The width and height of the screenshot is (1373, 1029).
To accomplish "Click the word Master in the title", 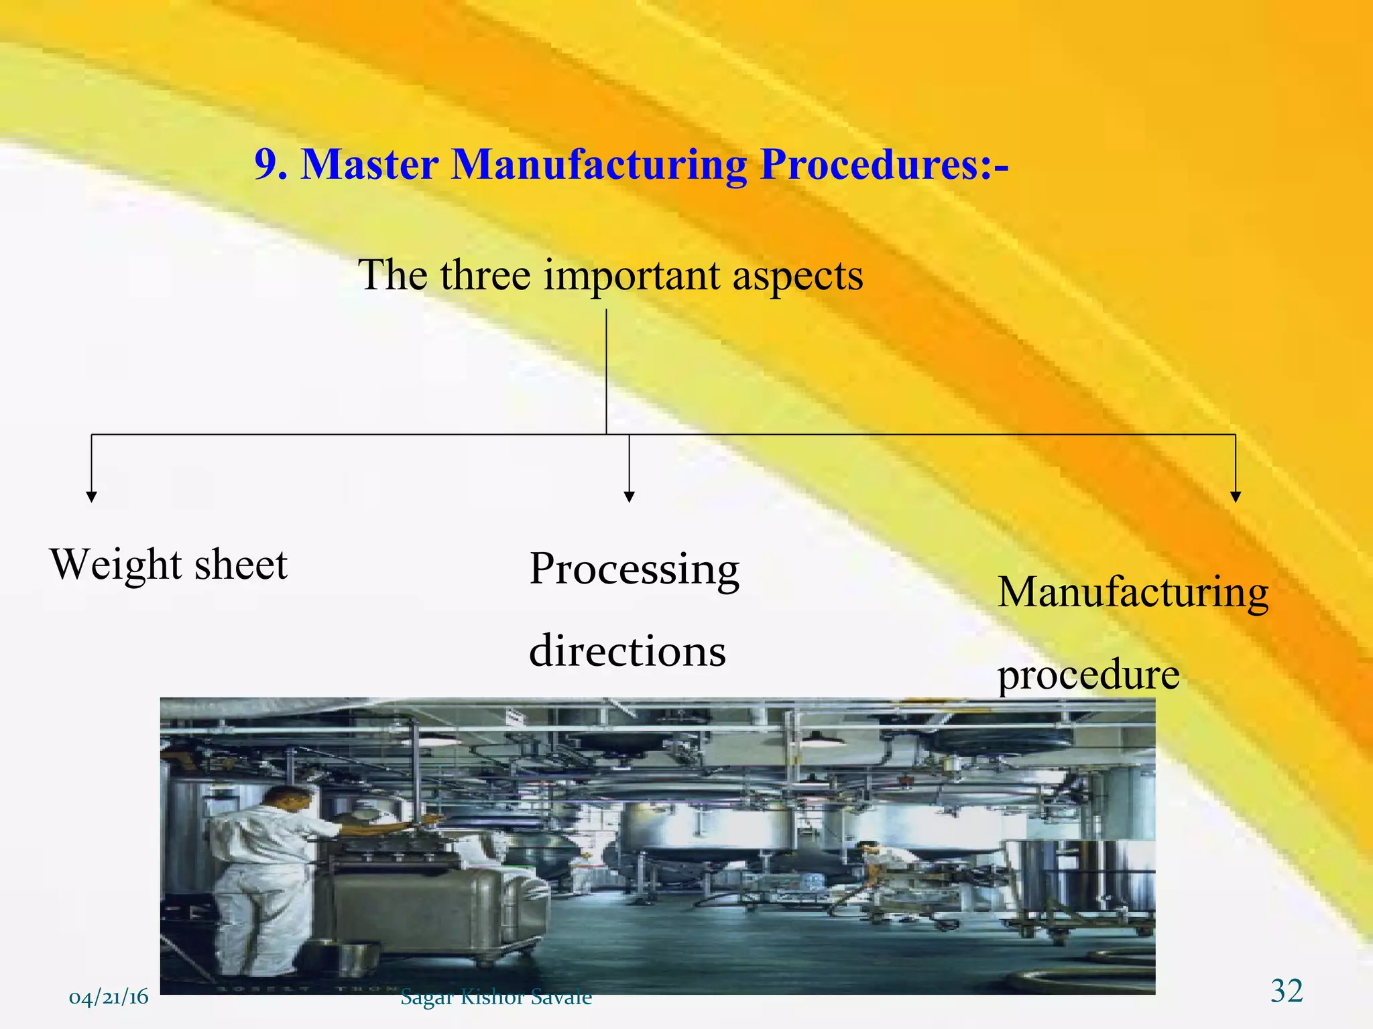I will pyautogui.click(x=370, y=164).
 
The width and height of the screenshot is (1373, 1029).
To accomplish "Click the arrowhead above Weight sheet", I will pyautogui.click(x=92, y=496).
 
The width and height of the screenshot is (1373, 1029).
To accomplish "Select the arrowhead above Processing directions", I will pyautogui.click(x=629, y=496).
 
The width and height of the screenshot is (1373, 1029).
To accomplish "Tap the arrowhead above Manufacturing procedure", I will pyautogui.click(x=1236, y=496).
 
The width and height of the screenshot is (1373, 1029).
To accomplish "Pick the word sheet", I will pyautogui.click(x=241, y=565).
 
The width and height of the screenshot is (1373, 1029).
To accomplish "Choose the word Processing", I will pyautogui.click(x=634, y=570).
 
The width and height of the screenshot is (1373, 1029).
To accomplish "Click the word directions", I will pyautogui.click(x=627, y=651).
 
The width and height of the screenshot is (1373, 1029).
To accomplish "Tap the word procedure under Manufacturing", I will pyautogui.click(x=1089, y=675).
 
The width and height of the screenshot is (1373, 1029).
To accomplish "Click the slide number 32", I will pyautogui.click(x=1287, y=991).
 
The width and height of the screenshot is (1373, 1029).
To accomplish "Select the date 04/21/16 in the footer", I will pyautogui.click(x=109, y=998).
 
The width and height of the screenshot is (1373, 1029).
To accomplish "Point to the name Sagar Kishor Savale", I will pyautogui.click(x=496, y=998).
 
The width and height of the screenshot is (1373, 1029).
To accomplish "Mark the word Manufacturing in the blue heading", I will pyautogui.click(x=599, y=164).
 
